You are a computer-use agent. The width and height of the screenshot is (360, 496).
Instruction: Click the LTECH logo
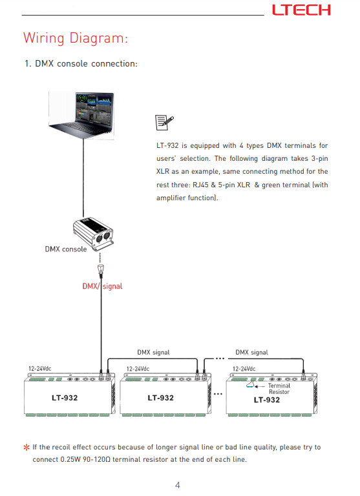pyautogui.click(x=301, y=10)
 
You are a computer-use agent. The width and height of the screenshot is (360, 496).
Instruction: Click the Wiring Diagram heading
pyautogui.click(x=76, y=38)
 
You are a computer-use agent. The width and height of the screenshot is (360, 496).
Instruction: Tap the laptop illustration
pyautogui.click(x=81, y=115)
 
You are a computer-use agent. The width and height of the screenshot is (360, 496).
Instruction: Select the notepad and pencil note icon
pyautogui.click(x=164, y=123)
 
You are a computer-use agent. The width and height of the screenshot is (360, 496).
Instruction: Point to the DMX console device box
pyautogui.click(x=93, y=233)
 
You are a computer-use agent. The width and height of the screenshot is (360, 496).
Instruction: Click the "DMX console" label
pyautogui.click(x=66, y=249)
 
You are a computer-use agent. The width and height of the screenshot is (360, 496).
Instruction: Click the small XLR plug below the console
pyautogui.click(x=101, y=269)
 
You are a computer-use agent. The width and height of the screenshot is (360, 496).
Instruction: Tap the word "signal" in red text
pyautogui.click(x=112, y=286)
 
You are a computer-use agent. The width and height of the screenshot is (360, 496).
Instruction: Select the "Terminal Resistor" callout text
pyautogui.click(x=279, y=389)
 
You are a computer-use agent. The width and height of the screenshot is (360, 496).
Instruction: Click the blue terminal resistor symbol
pyautogui.click(x=250, y=385)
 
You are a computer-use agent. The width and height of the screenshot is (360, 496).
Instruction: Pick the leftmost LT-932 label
pyautogui.click(x=65, y=398)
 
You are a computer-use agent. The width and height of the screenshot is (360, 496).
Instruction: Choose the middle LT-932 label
pyautogui.click(x=160, y=398)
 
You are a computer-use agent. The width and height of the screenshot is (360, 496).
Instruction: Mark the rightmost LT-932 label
pyautogui.click(x=266, y=400)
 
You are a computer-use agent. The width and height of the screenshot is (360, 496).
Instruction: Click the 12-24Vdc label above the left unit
pyautogui.click(x=40, y=369)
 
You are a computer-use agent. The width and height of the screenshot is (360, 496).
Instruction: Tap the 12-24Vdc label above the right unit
pyautogui.click(x=244, y=369)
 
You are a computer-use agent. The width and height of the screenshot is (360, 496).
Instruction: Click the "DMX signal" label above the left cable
pyautogui.click(x=153, y=353)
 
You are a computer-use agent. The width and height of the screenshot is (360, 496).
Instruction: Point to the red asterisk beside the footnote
pyautogui.click(x=26, y=448)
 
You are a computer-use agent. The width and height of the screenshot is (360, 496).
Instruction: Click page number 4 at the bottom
pyautogui.click(x=178, y=485)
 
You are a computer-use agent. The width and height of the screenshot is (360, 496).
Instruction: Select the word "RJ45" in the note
pyautogui.click(x=200, y=185)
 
